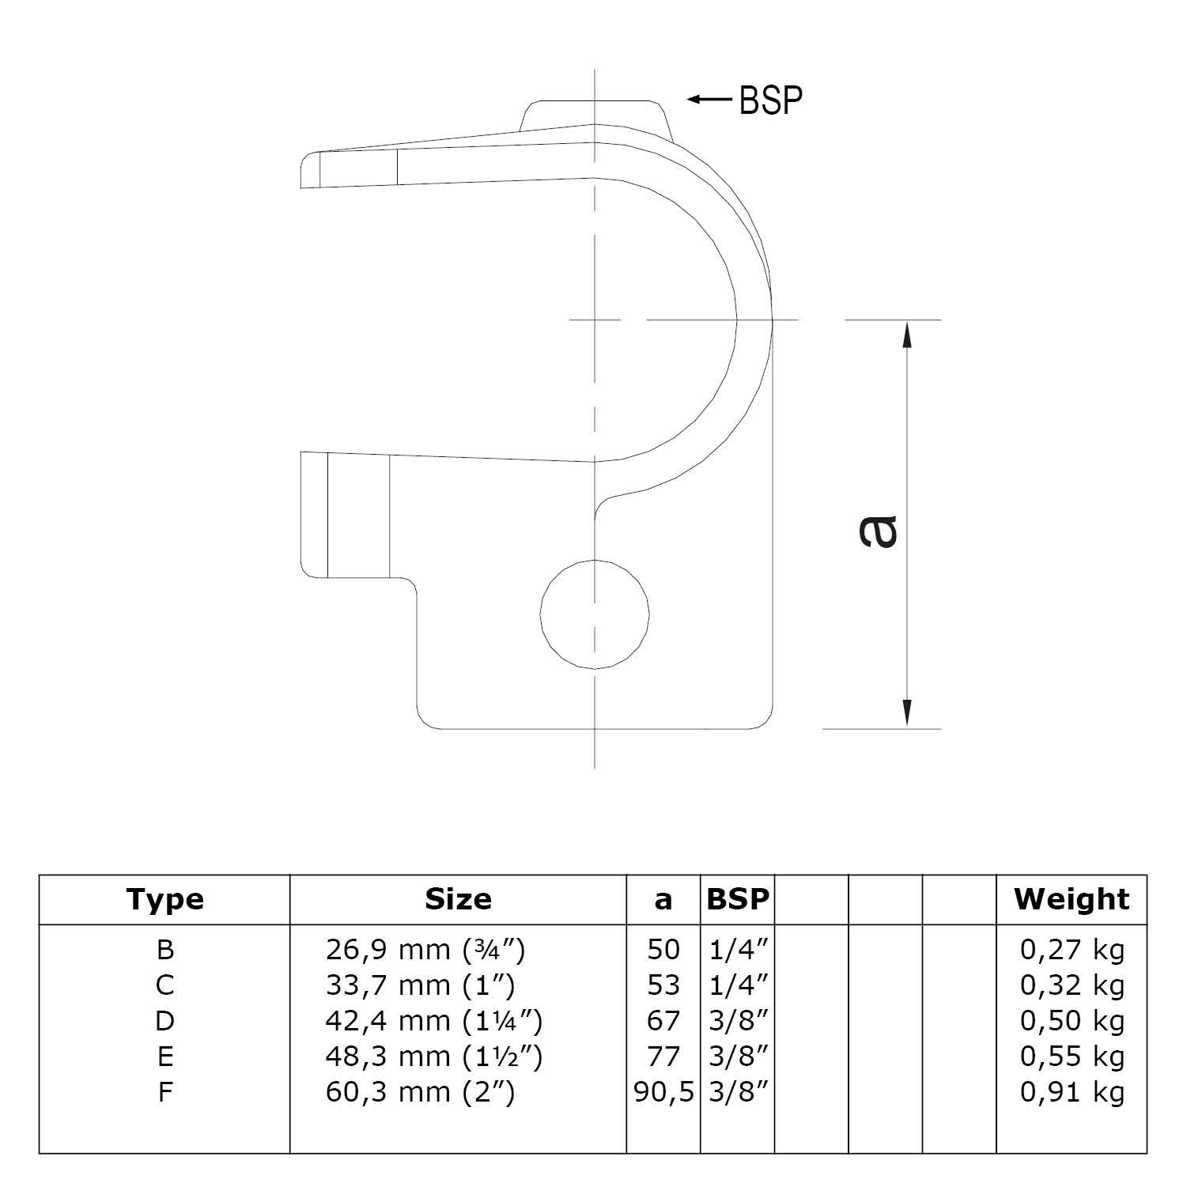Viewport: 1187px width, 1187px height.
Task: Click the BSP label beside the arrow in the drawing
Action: (x=770, y=100)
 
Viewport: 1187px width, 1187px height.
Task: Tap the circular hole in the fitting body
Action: (x=595, y=614)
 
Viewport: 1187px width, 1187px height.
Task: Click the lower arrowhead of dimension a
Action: (x=906, y=713)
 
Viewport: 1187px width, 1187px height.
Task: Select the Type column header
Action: (x=164, y=899)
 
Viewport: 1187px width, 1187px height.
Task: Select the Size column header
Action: (x=458, y=899)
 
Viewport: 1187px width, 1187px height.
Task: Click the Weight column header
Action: (x=1072, y=899)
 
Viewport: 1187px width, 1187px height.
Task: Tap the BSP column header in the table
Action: (x=737, y=899)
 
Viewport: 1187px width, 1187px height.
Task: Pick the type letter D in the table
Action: (x=164, y=1021)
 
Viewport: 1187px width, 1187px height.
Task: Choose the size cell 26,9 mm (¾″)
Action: (x=425, y=949)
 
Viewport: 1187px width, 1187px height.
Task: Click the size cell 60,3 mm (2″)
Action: (x=420, y=1092)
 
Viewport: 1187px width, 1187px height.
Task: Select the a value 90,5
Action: (x=663, y=1092)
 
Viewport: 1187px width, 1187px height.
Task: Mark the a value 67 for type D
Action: (x=663, y=1021)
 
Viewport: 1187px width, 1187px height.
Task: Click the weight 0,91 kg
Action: (x=1072, y=1092)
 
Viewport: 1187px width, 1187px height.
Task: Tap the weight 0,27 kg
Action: (x=1072, y=949)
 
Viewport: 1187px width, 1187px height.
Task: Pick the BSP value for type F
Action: (x=737, y=1092)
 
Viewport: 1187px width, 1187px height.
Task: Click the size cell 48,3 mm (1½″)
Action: (x=433, y=1057)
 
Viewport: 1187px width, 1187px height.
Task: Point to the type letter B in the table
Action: (x=164, y=949)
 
